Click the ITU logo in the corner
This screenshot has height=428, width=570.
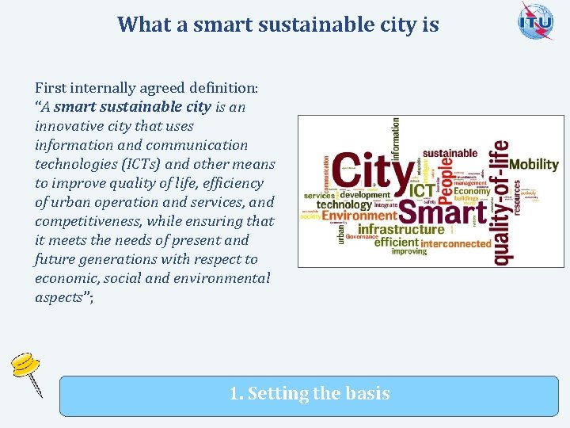[x=536, y=21]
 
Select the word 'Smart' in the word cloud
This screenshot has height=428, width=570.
[x=443, y=212]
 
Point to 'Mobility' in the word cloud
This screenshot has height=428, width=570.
[x=534, y=165]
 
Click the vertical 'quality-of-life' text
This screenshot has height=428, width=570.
[x=501, y=202]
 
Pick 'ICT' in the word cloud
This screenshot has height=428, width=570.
[x=420, y=191]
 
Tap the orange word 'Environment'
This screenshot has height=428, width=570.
[x=359, y=216]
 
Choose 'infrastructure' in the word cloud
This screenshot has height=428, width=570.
[x=401, y=230]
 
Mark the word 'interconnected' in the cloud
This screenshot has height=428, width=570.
[x=456, y=243]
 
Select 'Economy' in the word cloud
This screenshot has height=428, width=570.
[x=472, y=190]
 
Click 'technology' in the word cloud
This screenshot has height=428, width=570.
[x=344, y=204]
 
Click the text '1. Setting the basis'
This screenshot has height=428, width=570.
[x=310, y=393]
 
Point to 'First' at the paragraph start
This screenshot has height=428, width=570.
[x=50, y=88]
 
